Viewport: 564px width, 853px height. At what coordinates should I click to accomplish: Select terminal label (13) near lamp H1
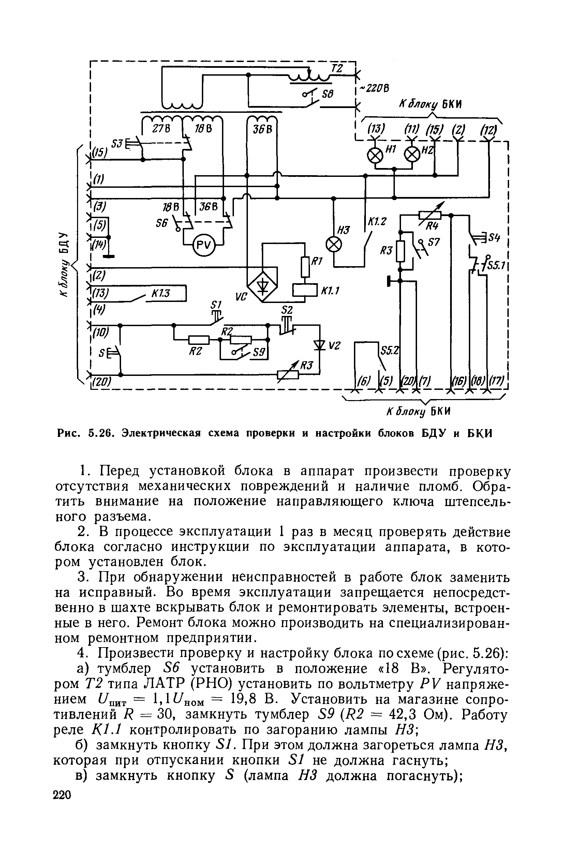coord(376,129)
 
